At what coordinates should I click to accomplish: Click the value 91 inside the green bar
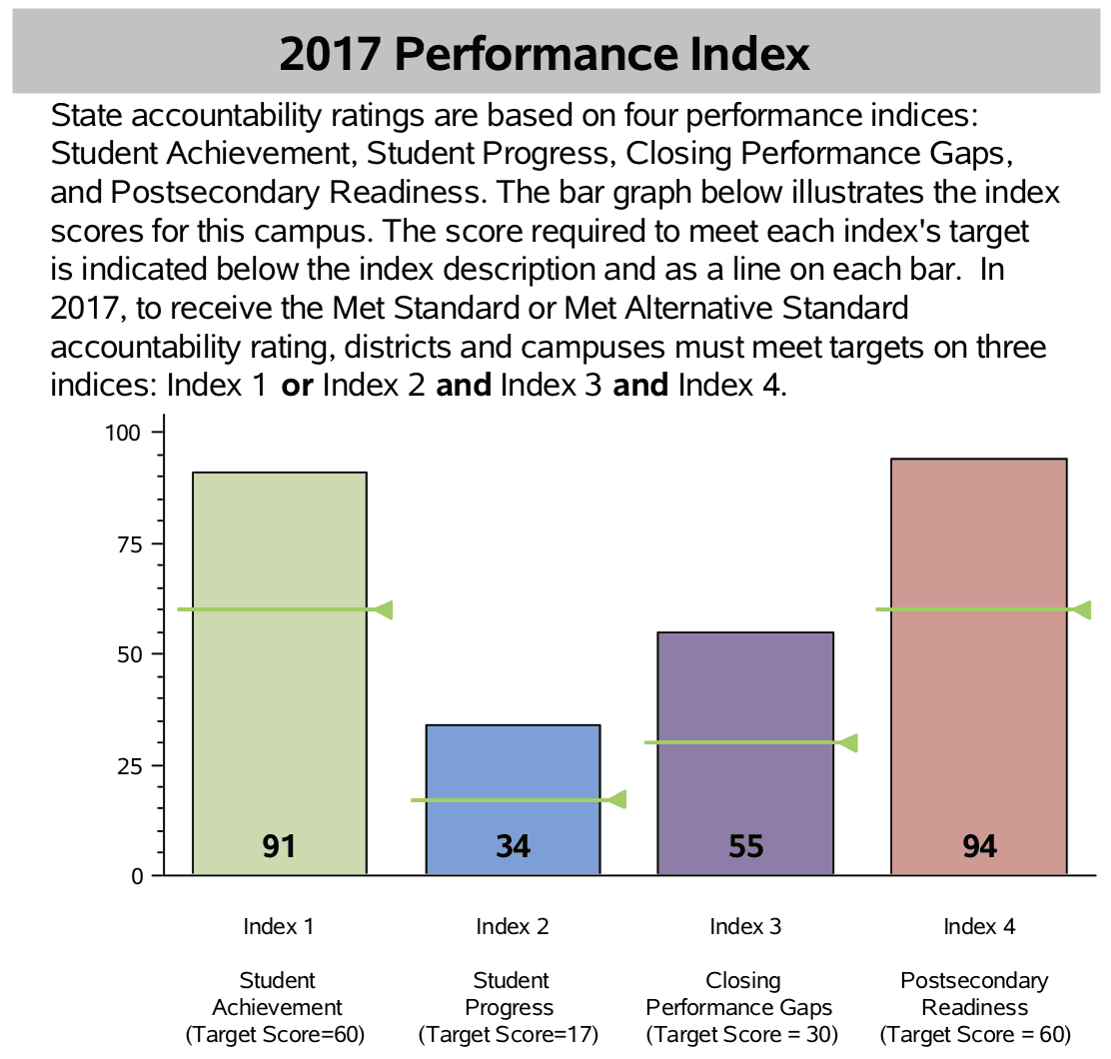(279, 846)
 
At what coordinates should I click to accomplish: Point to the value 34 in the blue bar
(513, 846)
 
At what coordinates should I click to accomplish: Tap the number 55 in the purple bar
(745, 846)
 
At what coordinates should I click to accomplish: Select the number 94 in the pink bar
(979, 846)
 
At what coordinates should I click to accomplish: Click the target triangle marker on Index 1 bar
(383, 609)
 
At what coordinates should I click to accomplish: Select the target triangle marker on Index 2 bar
(616, 799)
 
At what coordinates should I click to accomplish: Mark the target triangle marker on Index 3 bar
(848, 742)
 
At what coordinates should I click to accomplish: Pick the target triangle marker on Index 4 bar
(1081, 609)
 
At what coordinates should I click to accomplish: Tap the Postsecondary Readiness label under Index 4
(974, 993)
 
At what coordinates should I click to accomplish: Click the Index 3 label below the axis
(745, 926)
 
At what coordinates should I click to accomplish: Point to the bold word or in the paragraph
(297, 385)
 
